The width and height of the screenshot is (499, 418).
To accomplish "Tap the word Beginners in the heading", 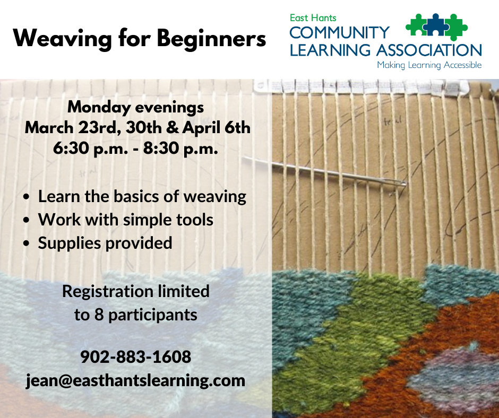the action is click(212, 39).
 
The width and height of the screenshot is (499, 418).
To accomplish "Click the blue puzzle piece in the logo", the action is click(436, 25).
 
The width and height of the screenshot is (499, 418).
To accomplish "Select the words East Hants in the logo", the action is click(313, 18).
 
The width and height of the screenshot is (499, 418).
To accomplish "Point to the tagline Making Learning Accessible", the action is click(429, 65).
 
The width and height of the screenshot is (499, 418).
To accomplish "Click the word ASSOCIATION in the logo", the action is click(429, 50).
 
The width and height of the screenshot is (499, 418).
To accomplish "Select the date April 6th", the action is click(217, 128).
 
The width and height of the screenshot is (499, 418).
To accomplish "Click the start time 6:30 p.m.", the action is click(90, 149).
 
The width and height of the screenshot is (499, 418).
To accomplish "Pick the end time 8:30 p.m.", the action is click(180, 149).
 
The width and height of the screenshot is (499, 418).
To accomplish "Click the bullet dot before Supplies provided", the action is click(27, 243).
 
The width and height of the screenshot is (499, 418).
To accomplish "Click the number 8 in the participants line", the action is click(99, 315).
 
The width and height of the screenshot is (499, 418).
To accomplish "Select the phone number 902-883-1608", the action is click(135, 356).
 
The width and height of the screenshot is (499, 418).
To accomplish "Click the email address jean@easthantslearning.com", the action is click(135, 380).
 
